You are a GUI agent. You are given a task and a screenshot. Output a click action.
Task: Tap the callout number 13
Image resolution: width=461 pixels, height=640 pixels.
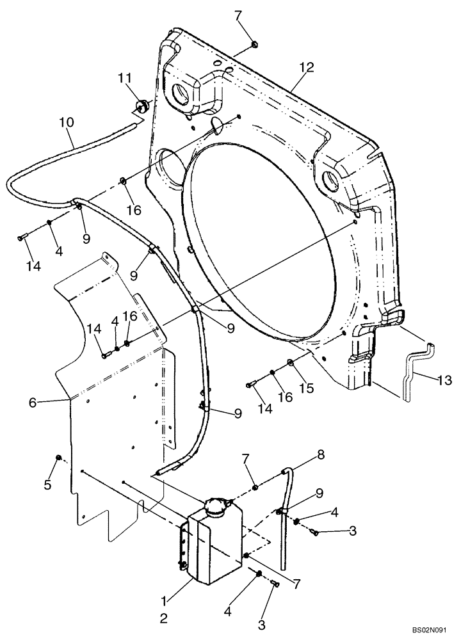point(444,380)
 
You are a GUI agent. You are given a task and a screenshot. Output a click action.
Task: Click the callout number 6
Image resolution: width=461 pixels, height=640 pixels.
point(32,402)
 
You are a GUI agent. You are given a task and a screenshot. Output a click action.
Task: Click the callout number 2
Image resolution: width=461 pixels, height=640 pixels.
point(165,618)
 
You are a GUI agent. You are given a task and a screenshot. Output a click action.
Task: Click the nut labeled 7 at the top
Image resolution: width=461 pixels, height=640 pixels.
point(255,44)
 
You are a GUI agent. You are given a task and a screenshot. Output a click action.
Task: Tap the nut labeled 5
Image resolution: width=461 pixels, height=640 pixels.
point(59,457)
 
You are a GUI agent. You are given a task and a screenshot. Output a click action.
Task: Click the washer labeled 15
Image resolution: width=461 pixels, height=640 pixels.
point(291,363)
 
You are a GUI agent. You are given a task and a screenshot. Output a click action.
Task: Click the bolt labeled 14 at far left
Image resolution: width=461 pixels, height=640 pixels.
point(22,238)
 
